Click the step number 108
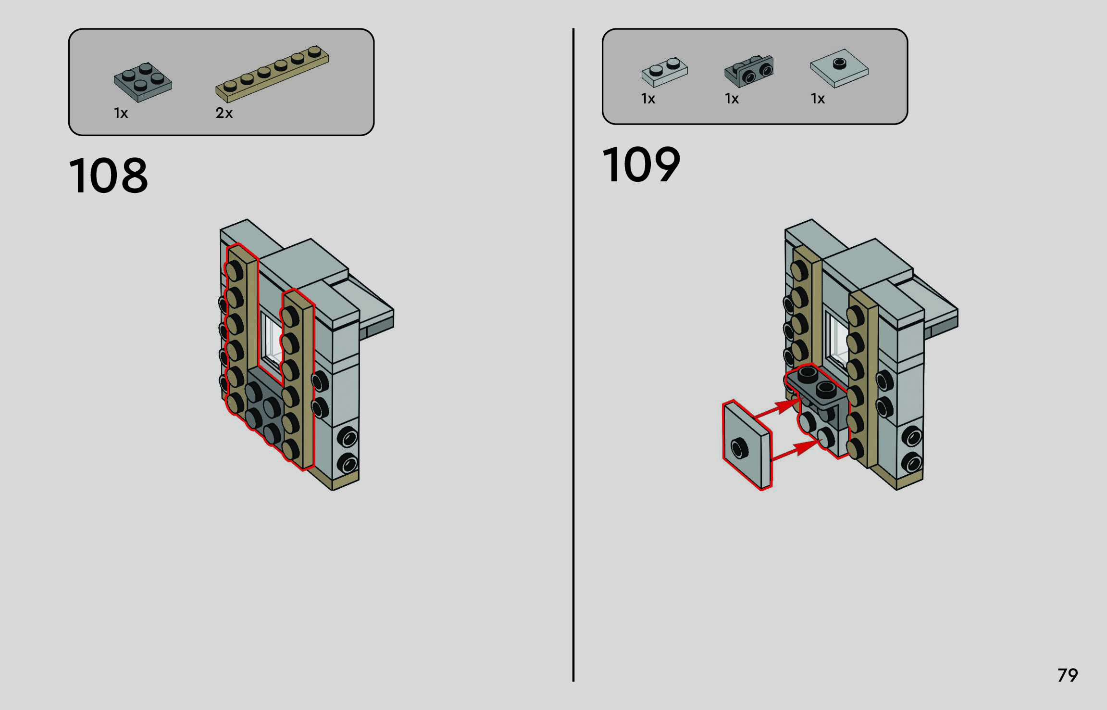click(x=109, y=176)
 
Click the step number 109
click(x=641, y=165)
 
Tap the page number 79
click(x=1067, y=675)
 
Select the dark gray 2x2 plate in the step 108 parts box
click(x=143, y=82)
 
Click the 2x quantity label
click(x=224, y=114)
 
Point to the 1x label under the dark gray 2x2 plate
click(x=121, y=114)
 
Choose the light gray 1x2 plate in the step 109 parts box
click(x=664, y=72)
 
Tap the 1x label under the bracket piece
click(x=732, y=99)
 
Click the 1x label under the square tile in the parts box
click(x=818, y=99)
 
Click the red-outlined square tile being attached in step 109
click(x=747, y=445)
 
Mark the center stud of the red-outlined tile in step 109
click(x=739, y=448)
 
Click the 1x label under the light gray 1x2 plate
click(x=648, y=99)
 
